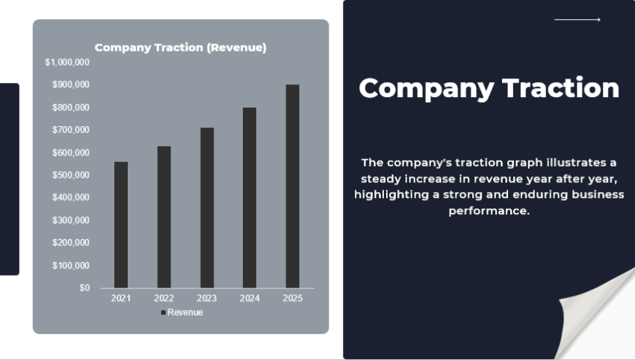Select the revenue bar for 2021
click(120, 224)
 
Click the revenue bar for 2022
click(164, 217)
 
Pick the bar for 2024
click(250, 197)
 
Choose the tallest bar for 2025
click(293, 186)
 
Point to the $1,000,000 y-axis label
click(67, 62)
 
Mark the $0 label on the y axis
click(84, 288)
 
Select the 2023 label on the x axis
click(207, 299)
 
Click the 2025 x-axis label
click(293, 299)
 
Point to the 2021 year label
click(120, 299)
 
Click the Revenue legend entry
click(182, 312)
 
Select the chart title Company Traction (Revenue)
click(180, 48)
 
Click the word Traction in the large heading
click(560, 88)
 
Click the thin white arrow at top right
click(577, 20)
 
